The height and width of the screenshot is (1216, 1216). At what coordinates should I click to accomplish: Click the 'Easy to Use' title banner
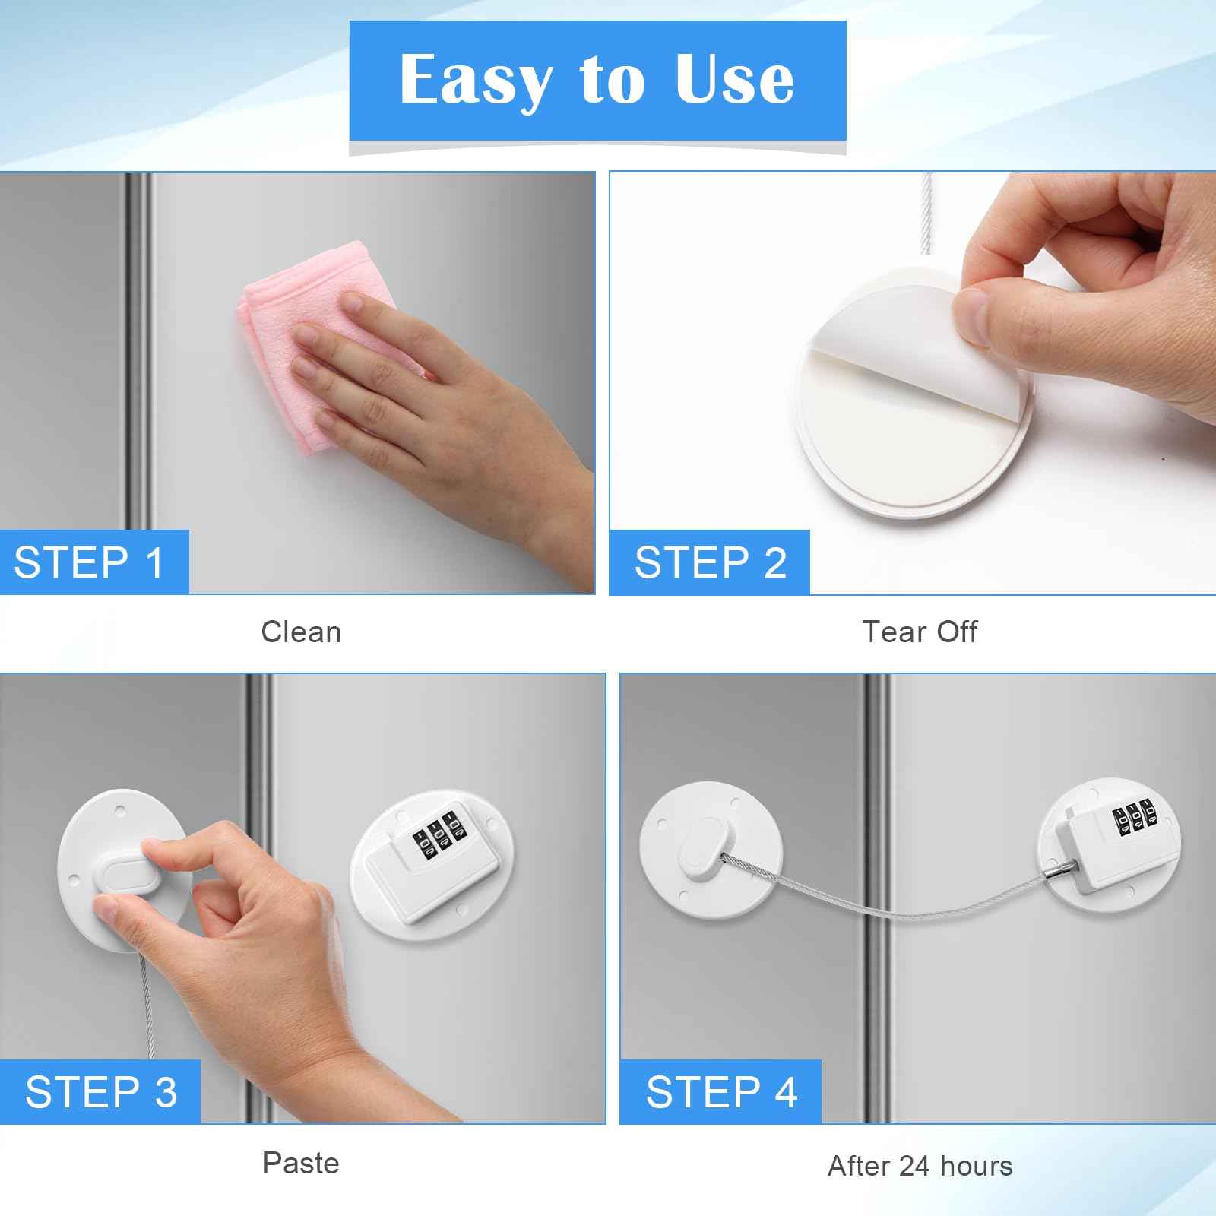[x=597, y=81]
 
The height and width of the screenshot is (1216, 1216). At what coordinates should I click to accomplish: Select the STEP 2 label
[x=710, y=562]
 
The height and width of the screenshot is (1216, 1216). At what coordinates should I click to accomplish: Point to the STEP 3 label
[x=100, y=1092]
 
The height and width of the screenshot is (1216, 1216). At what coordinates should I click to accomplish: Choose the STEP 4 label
[x=720, y=1092]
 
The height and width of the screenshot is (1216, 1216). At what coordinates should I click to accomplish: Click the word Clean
[x=301, y=632]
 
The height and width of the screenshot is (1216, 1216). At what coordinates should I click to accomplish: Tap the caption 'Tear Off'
[x=919, y=632]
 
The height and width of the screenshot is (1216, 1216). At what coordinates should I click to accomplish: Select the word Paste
[x=301, y=1163]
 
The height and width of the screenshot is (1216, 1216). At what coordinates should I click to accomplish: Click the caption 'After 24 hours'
[x=920, y=1165]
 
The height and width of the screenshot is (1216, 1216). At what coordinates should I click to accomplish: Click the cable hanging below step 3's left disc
[x=147, y=1003]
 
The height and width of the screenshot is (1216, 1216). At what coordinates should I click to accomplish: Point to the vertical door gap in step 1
[x=138, y=350]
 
